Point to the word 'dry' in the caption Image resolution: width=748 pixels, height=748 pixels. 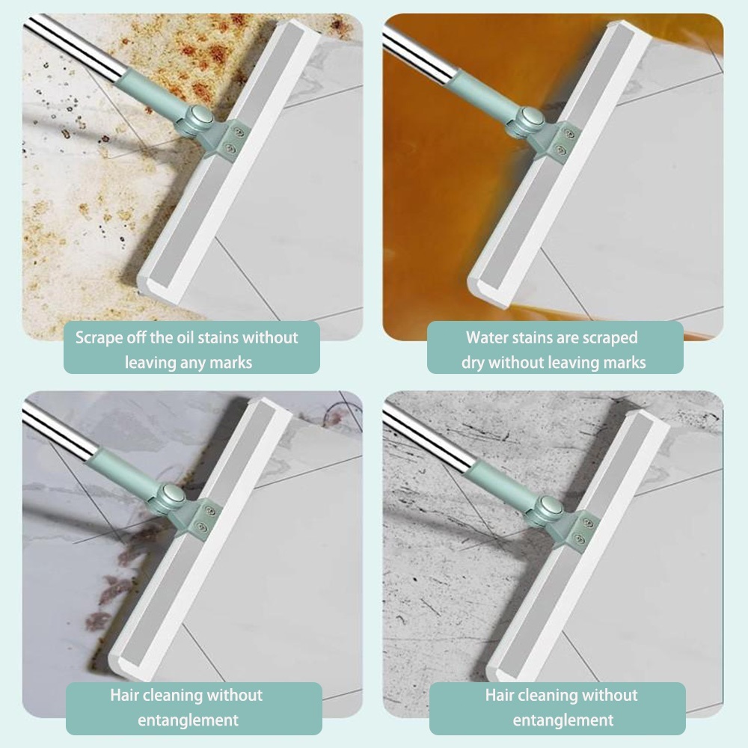pyautogui.click(x=473, y=363)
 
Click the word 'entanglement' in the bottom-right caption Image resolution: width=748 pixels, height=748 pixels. pyautogui.click(x=563, y=720)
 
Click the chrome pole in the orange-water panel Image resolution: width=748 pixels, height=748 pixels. pyautogui.click(x=420, y=52)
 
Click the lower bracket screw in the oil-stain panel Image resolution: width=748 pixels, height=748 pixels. pyautogui.click(x=230, y=150)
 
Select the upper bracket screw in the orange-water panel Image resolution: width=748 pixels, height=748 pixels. pyautogui.click(x=568, y=135)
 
